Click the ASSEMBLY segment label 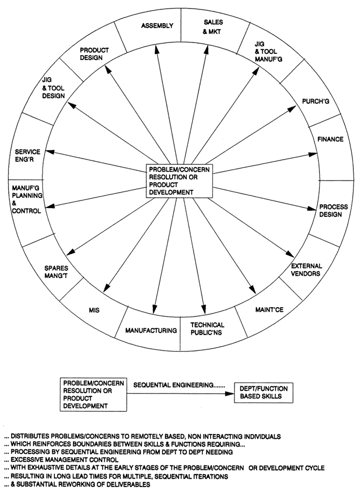pos(158,26)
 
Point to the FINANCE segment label pos(331,139)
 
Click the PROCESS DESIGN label pos(334,211)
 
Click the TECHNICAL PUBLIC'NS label pos(207,329)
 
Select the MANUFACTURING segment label pos(151,330)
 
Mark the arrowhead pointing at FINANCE pos(314,153)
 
